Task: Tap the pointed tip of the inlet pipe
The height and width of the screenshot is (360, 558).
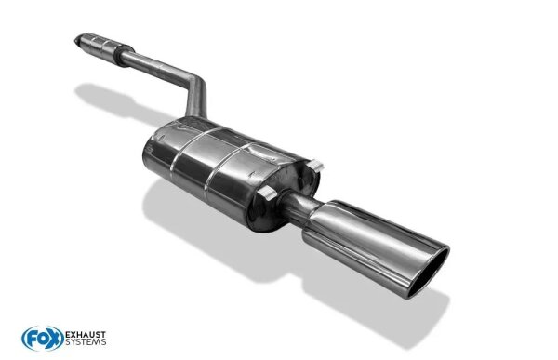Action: coord(77,39)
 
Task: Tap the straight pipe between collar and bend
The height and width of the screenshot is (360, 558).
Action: coord(153,65)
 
